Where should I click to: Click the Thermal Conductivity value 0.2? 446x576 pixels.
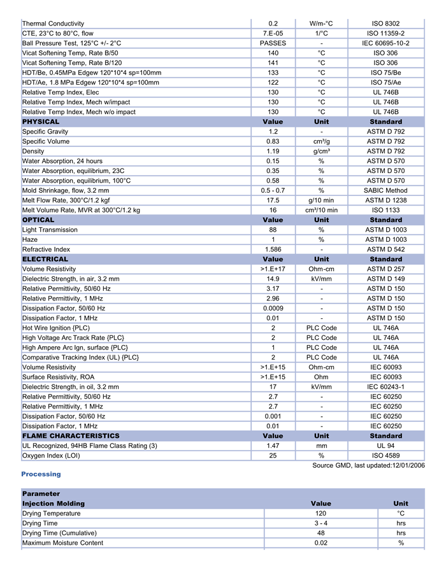pyautogui.click(x=273, y=24)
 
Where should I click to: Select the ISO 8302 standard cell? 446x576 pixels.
pyautogui.click(x=385, y=24)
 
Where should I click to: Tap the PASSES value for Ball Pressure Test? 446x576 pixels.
pyautogui.click(x=273, y=43)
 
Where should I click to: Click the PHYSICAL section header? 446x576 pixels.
pyautogui.click(x=41, y=122)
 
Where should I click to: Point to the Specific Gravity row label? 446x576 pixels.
pyautogui.click(x=46, y=131)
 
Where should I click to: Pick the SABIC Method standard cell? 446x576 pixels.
pyautogui.click(x=385, y=190)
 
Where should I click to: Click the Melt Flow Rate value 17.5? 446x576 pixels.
pyautogui.click(x=273, y=200)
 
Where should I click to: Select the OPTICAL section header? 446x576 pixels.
pyautogui.click(x=38, y=220)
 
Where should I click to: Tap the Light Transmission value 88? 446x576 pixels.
pyautogui.click(x=273, y=230)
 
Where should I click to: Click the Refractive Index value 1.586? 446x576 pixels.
pyautogui.click(x=273, y=249)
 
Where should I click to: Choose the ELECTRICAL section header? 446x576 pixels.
pyautogui.click(x=45, y=259)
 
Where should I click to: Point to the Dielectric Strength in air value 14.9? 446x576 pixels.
pyautogui.click(x=273, y=279)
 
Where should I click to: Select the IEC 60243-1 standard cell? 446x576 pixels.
pyautogui.click(x=385, y=386)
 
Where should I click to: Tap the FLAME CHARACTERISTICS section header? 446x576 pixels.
pyautogui.click(x=71, y=436)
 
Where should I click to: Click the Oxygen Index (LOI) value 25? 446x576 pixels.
pyautogui.click(x=273, y=456)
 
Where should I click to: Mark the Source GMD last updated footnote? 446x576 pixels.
pyautogui.click(x=368, y=465)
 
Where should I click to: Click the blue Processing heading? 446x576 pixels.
pyautogui.click(x=41, y=474)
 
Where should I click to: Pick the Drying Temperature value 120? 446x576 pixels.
pyautogui.click(x=320, y=513)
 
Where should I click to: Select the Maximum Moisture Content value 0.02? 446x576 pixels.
pyautogui.click(x=320, y=543)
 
